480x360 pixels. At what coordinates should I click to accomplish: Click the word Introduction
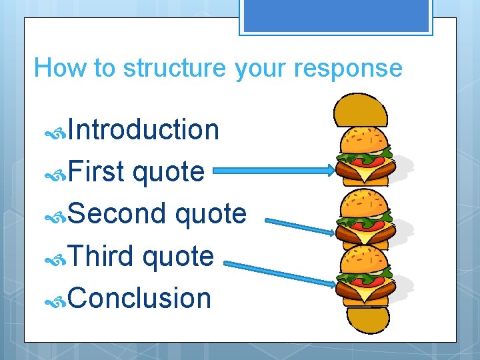click(x=143, y=129)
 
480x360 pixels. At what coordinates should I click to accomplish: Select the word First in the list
click(x=96, y=172)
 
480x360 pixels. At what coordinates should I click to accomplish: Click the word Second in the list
click(x=116, y=214)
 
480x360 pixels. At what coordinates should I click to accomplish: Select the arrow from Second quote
click(x=300, y=225)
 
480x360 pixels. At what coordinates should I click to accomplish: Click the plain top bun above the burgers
click(x=360, y=109)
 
